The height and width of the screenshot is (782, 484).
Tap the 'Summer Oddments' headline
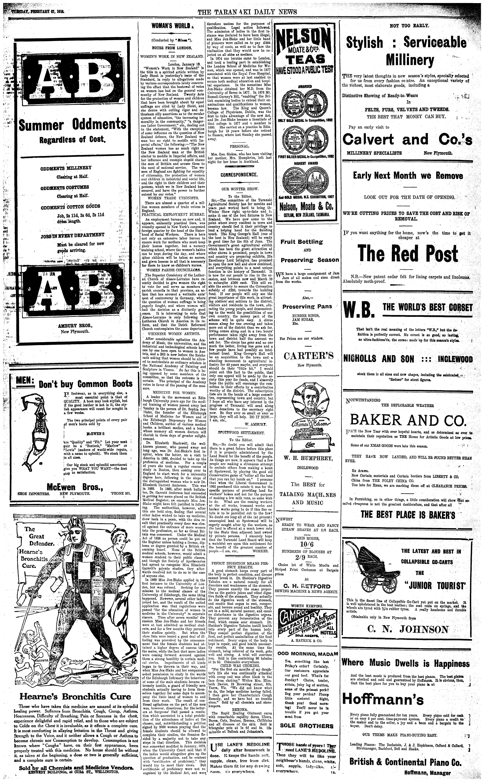pyautogui.click(x=72, y=125)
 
